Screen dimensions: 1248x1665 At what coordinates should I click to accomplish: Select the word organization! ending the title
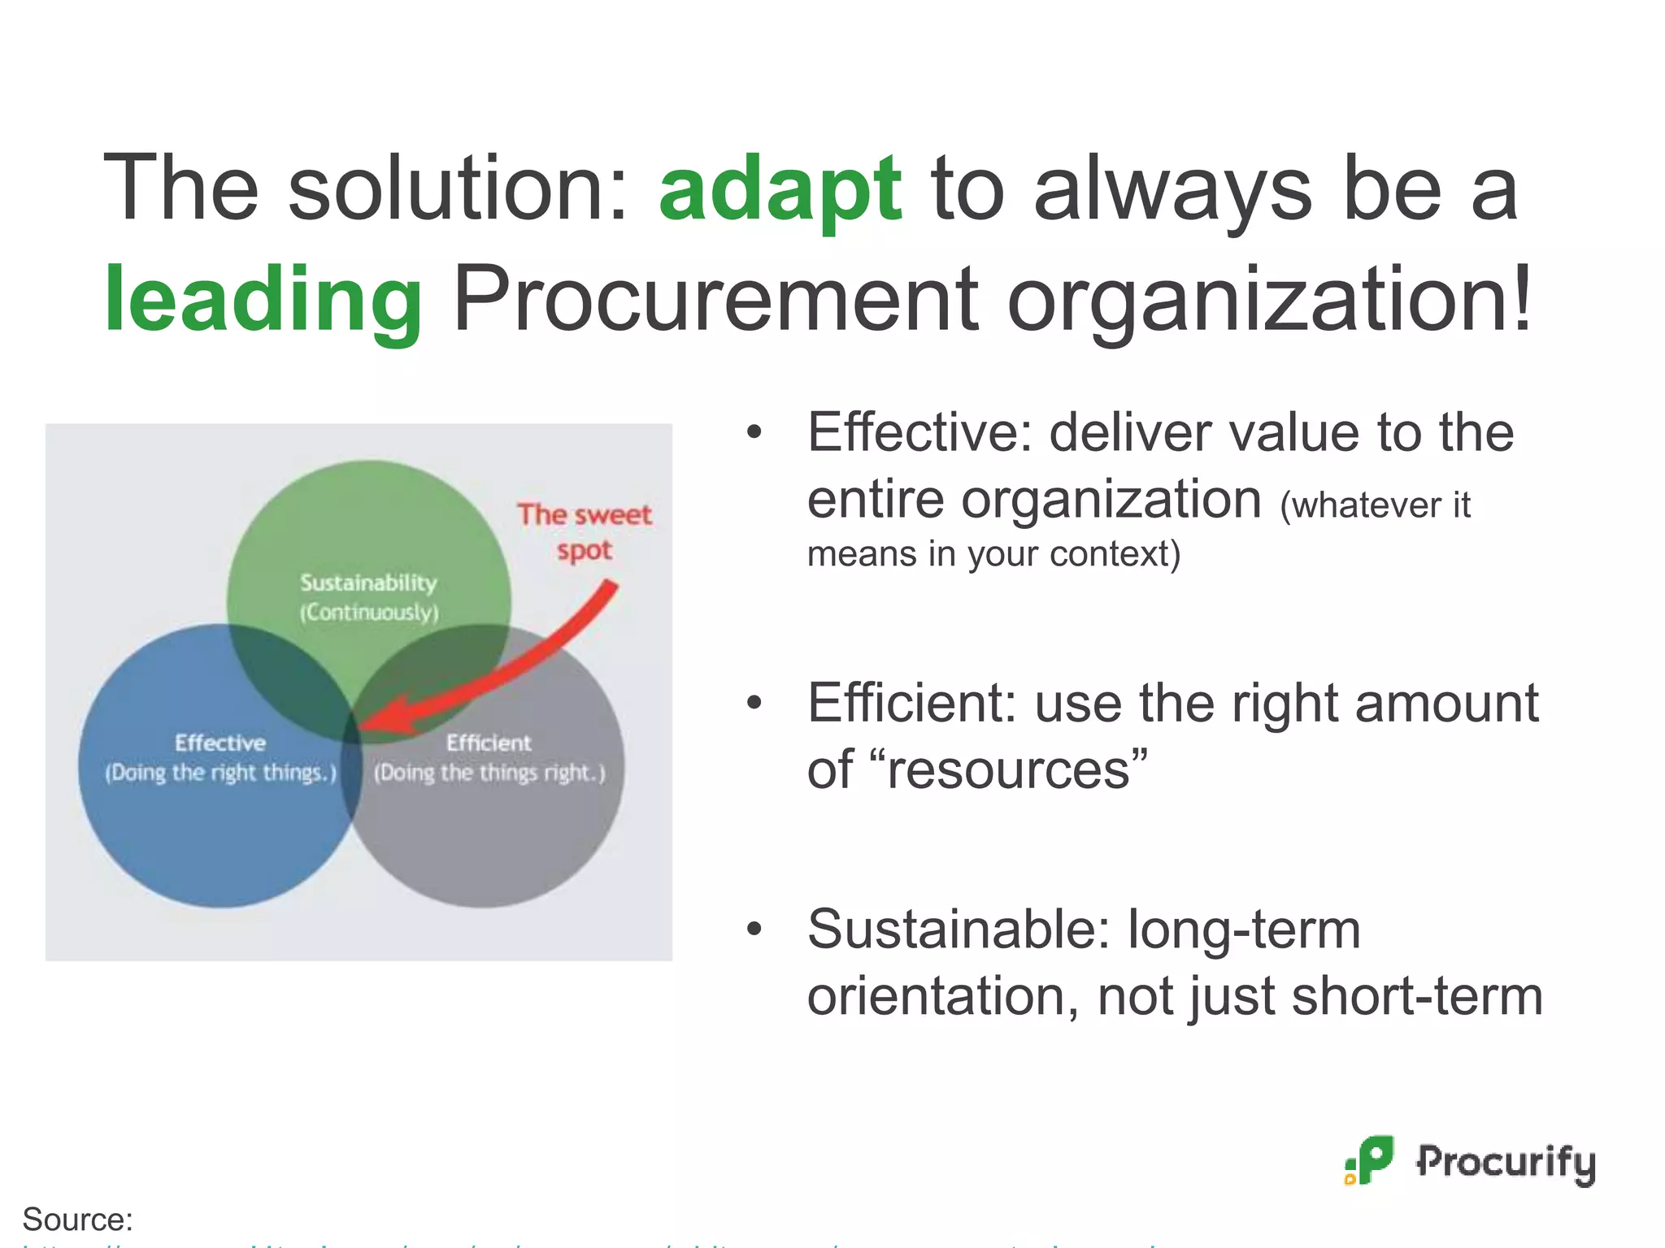pos(1268,301)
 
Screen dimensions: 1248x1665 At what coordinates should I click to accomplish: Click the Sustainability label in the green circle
pos(368,583)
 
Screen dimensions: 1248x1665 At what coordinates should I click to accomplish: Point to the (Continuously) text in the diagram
pos(368,612)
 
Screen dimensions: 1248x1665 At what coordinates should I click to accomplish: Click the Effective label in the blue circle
pos(220,743)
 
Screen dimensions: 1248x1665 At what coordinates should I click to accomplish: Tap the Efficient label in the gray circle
pos(489,743)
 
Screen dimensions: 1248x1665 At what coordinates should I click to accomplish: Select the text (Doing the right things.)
pos(220,773)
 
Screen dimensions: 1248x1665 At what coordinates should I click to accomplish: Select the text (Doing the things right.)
pos(489,773)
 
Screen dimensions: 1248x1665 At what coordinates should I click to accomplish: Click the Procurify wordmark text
pos(1506,1162)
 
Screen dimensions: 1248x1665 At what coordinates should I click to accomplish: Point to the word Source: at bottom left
pos(77,1220)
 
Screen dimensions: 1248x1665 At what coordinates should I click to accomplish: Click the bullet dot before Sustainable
pos(754,929)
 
